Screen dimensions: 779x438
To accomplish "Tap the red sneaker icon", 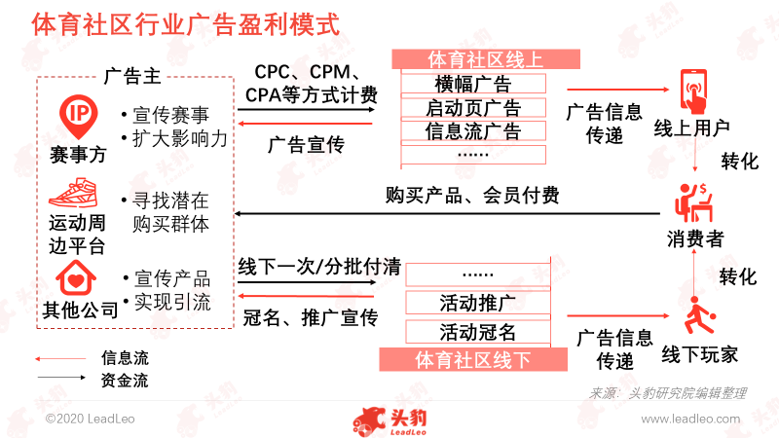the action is (74, 194).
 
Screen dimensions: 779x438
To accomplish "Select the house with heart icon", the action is (76, 278).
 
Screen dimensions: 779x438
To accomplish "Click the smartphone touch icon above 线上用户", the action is (694, 91).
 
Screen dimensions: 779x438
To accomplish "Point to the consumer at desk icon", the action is (693, 202).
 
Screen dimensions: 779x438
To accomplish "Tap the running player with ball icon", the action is (699, 315).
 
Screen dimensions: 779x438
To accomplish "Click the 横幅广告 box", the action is (473, 84).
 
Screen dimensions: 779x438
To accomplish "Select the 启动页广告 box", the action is (473, 107).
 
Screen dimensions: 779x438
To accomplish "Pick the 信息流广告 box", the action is (473, 131).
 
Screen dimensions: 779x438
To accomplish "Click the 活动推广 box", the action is (478, 303).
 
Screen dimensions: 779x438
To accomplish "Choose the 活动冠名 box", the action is (478, 332).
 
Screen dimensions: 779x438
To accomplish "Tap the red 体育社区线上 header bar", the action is (486, 59).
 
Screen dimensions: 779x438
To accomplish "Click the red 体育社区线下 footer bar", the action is (473, 359).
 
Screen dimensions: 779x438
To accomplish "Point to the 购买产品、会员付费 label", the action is (472, 196).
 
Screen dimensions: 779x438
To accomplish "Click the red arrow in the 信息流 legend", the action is (60, 358).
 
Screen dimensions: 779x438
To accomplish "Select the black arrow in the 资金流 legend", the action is (61, 378).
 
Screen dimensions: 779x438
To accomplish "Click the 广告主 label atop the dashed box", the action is (132, 77).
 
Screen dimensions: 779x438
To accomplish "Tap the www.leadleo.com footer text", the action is (690, 420).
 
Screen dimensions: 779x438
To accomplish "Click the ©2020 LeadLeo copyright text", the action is (90, 420).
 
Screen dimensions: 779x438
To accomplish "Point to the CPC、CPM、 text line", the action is (308, 72).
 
